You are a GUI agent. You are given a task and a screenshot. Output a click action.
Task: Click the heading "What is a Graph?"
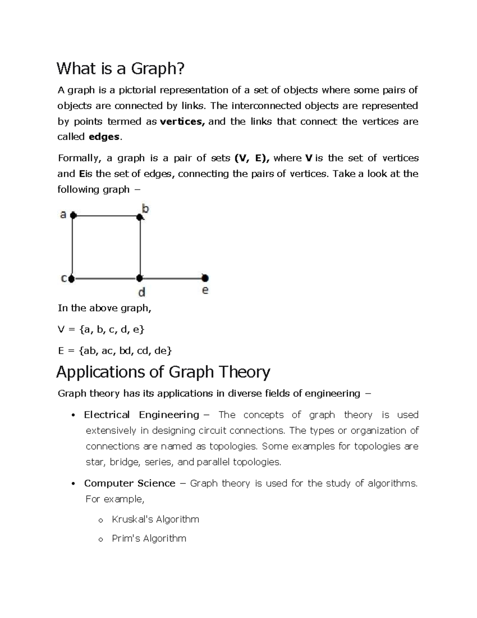click(121, 69)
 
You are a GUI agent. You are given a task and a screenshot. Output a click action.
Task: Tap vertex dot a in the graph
click(73, 215)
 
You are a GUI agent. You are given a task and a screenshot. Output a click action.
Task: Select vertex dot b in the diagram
click(140, 217)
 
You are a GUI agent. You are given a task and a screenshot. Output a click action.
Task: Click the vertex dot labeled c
click(72, 279)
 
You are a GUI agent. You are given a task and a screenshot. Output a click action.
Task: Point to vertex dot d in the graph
click(140, 279)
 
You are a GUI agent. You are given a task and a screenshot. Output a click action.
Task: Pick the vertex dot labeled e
click(205, 278)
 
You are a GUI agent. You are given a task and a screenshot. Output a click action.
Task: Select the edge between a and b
click(106, 216)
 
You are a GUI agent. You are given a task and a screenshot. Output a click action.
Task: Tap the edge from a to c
click(72, 247)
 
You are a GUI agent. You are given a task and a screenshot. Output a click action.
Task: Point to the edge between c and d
click(106, 279)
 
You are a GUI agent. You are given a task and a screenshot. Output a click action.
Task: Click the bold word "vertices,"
click(182, 122)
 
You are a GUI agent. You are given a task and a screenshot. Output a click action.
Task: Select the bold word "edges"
click(104, 137)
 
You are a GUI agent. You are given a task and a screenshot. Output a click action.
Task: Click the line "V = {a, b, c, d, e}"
click(101, 329)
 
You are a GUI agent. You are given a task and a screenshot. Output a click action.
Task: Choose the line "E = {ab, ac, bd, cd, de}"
click(115, 351)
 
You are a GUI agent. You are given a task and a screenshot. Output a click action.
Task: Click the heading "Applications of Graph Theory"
click(163, 372)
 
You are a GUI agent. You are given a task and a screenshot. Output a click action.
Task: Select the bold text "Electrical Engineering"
click(142, 415)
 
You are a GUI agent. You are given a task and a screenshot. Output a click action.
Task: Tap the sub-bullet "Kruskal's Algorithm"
click(155, 519)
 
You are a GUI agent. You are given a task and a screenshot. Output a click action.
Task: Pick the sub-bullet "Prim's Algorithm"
click(149, 538)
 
